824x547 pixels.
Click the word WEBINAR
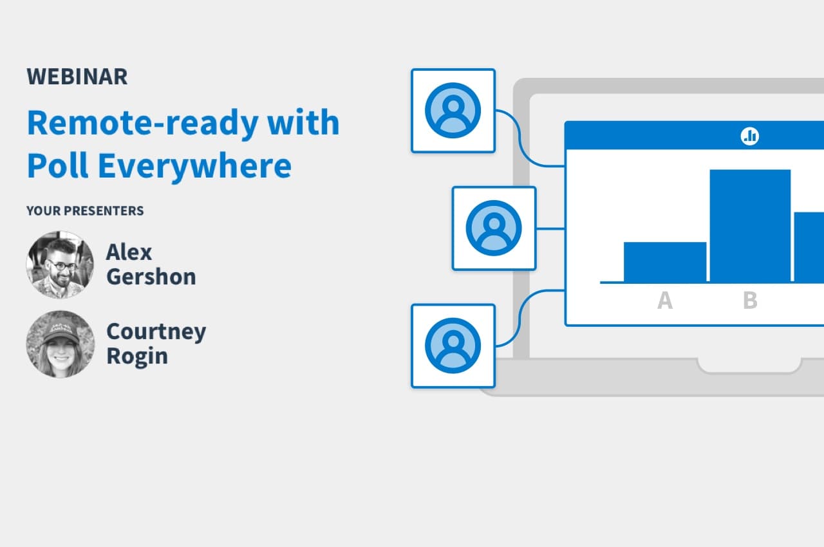click(77, 77)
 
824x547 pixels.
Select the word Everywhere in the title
click(195, 166)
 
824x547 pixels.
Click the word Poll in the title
click(58, 165)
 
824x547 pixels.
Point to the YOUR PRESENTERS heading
click(85, 210)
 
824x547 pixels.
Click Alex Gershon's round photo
click(60, 264)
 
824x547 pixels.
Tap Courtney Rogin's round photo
click(60, 344)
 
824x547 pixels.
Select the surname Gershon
click(151, 277)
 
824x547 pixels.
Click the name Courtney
click(156, 332)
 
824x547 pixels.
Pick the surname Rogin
click(137, 357)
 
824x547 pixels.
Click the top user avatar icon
click(453, 110)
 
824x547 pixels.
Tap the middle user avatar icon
click(494, 228)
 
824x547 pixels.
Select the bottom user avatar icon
click(453, 346)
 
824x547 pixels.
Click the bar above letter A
click(665, 262)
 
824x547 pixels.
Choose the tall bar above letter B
click(750, 226)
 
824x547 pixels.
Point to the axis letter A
click(665, 301)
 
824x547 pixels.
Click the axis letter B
click(750, 301)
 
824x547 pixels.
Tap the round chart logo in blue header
click(750, 136)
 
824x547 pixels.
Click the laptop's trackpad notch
click(750, 366)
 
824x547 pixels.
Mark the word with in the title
click(303, 122)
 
